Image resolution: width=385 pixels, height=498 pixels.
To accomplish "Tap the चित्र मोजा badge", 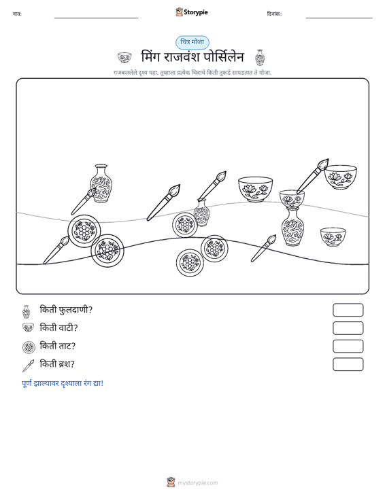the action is point(192,42).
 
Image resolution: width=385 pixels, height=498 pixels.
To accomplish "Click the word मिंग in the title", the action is point(151,57).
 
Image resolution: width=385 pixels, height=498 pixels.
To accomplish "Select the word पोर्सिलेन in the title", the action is point(224,57).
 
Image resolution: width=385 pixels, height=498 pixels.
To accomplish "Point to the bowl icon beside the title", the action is point(124,58).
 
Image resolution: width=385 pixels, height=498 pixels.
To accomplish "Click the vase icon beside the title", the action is point(260,57).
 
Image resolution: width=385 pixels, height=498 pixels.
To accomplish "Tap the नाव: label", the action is point(17,14).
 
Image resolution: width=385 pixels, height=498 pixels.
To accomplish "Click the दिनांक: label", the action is point(274,14).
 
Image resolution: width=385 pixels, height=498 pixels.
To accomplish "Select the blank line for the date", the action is point(339,18).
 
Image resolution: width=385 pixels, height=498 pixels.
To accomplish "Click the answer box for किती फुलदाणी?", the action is point(348,310).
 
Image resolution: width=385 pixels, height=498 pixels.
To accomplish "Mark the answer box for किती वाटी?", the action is point(348,328).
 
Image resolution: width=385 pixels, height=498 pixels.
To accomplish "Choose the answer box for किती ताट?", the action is point(348,346).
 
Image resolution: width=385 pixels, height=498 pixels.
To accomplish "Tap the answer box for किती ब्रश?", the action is point(348,364).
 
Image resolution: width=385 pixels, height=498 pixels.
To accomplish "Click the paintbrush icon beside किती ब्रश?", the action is point(28,366).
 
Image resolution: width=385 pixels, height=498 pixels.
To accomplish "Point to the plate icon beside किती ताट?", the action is point(29,347).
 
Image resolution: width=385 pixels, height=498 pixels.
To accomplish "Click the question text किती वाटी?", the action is point(58,327).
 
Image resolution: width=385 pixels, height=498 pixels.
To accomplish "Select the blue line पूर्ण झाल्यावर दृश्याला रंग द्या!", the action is point(63,383).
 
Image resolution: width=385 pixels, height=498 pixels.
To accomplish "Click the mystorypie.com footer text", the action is point(198,483).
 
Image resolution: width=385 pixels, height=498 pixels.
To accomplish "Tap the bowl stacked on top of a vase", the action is point(292,198).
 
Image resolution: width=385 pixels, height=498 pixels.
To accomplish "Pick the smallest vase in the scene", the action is point(201,213).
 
